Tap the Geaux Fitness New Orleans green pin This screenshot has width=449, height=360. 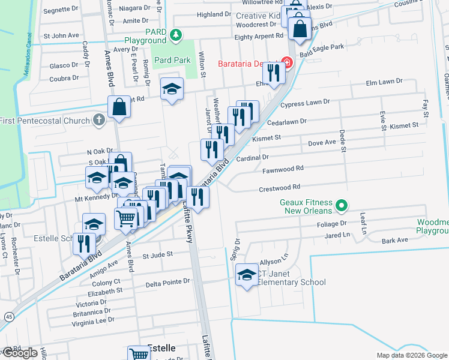pos(342,206)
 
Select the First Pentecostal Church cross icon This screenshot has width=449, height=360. pos(100,120)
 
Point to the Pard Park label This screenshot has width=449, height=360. pos(172,60)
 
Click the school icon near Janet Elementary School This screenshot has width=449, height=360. pos(246,275)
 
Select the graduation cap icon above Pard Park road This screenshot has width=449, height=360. pos(172,89)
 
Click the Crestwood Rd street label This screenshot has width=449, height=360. pos(279,188)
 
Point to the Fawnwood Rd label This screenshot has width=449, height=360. pos(283,170)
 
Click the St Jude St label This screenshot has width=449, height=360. pos(157,254)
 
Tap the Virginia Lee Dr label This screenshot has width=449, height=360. pos(93,321)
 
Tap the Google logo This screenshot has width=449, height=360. pos(20,353)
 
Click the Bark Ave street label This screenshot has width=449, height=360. pos(395,240)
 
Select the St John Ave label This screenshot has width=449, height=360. pos(65,35)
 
